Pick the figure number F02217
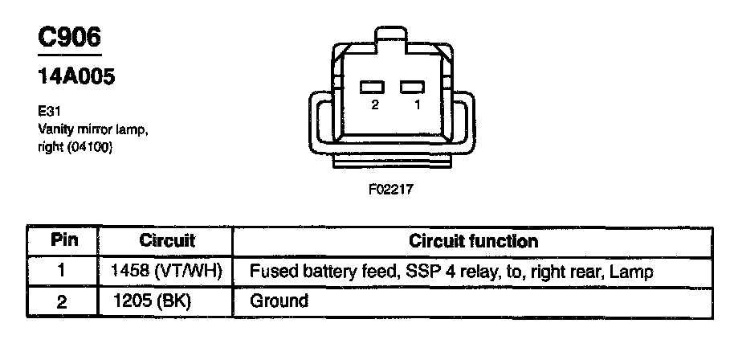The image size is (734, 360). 390,192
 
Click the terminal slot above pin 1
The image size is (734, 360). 412,87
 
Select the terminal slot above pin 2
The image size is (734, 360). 370,87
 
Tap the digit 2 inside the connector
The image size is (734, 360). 375,106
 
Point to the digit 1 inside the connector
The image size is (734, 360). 417,106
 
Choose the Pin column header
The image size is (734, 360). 63,240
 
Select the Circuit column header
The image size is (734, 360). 167,240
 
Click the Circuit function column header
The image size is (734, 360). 474,240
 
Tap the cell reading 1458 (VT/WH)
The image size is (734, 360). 166,272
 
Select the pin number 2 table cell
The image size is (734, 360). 63,302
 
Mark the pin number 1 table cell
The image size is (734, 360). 63,272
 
